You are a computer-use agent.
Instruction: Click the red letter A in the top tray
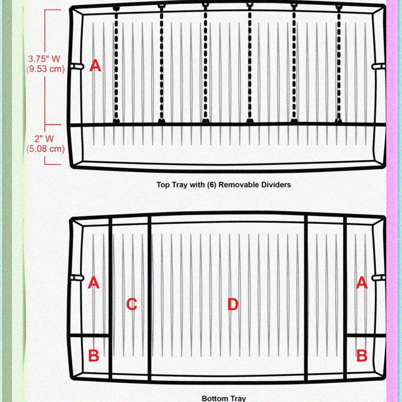[x=95, y=65]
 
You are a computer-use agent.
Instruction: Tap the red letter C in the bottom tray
[x=132, y=304]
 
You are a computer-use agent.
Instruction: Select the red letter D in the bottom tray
[x=233, y=304]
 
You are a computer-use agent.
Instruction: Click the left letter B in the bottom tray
[x=94, y=355]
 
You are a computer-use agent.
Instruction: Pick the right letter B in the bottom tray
[x=362, y=355]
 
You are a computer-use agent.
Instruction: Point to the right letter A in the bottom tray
[x=362, y=283]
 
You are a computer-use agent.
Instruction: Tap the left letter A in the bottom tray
[x=94, y=283]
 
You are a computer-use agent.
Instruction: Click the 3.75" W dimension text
[x=44, y=59]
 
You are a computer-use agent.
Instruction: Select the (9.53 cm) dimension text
[x=45, y=69]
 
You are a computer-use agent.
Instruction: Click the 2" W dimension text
[x=44, y=139]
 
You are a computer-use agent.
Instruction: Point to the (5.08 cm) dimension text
[x=45, y=149]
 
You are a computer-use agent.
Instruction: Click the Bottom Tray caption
[x=224, y=398]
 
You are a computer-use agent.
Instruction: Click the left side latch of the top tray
[x=77, y=66]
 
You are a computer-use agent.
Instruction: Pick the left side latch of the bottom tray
[x=77, y=278]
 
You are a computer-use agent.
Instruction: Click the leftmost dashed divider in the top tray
[x=116, y=65]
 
